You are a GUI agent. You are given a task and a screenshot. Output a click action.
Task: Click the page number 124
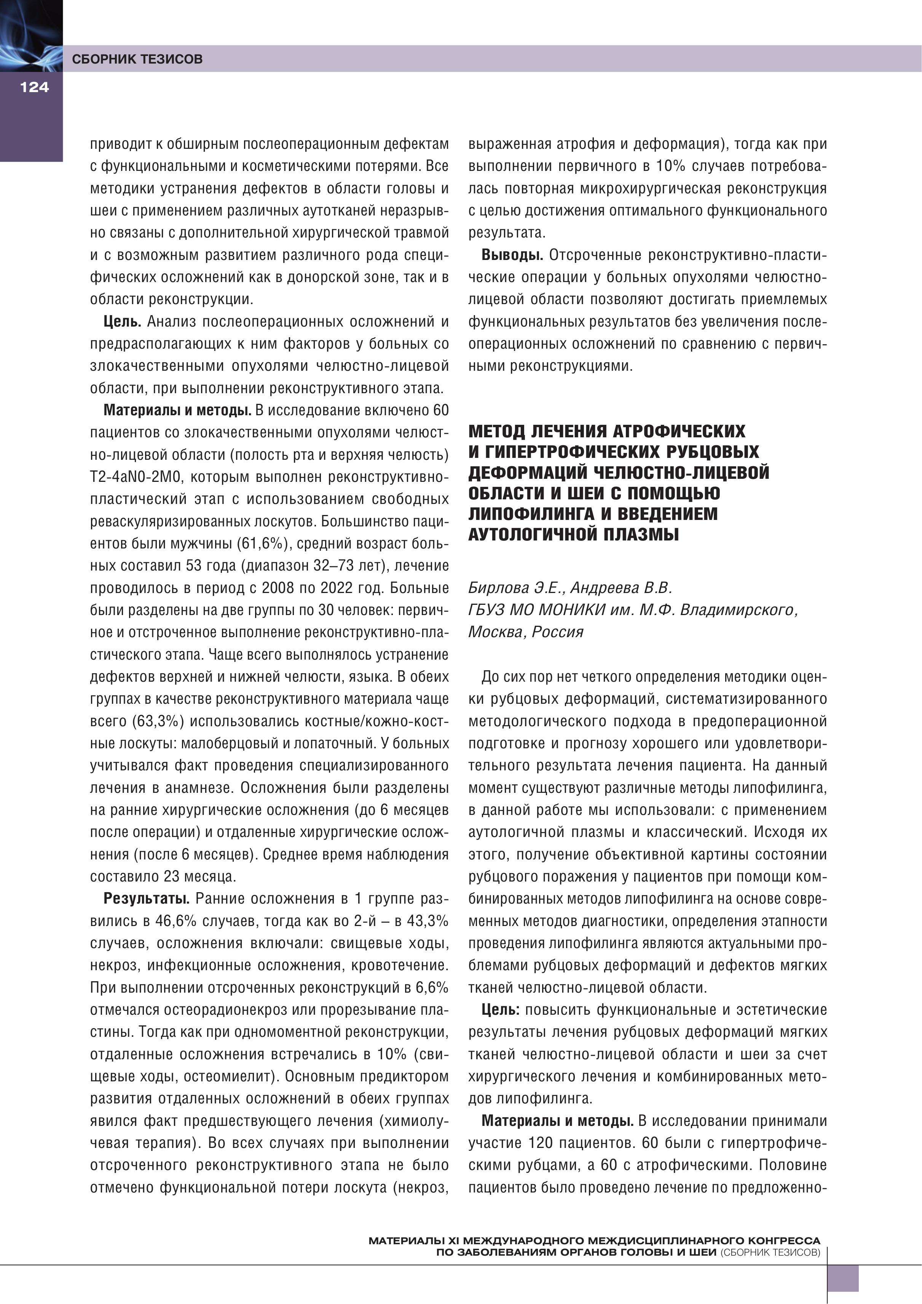click(34, 87)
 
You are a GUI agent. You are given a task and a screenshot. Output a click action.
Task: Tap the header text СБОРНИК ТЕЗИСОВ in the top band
click(137, 59)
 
